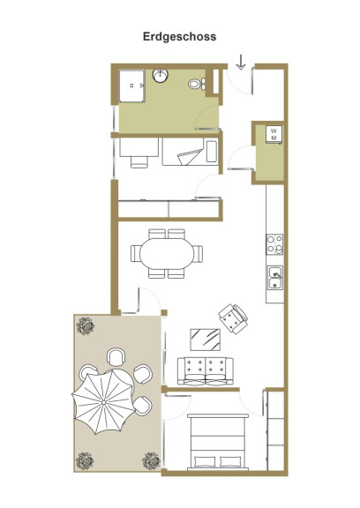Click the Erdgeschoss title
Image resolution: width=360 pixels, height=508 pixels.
point(179,37)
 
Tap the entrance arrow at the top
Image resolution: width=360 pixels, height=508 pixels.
point(240,63)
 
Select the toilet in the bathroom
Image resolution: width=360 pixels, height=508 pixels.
point(197,84)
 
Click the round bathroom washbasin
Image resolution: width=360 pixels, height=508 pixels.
point(160,76)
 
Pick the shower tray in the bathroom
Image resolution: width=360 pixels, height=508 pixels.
point(131,86)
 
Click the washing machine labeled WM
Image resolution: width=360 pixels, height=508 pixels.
point(274,134)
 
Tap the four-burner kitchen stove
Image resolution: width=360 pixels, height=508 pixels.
point(274,244)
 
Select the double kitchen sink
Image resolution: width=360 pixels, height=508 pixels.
point(274,277)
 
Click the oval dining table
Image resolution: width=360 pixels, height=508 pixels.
point(167,254)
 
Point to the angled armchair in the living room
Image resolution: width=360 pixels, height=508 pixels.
point(233,318)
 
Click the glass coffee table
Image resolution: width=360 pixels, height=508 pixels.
point(205,340)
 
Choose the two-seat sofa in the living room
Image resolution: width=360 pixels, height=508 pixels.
point(205,371)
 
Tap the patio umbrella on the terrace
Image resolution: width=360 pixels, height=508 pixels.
point(103,402)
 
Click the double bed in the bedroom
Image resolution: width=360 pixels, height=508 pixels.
point(218,442)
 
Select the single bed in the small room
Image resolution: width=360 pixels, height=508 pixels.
point(191,152)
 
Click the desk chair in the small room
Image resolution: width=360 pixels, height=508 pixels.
point(139,161)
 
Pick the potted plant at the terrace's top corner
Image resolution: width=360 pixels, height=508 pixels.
point(86,326)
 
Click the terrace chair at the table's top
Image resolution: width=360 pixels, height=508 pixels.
point(116,356)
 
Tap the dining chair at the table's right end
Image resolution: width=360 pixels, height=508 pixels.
point(198,254)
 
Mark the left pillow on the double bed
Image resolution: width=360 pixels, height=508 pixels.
point(205,461)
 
